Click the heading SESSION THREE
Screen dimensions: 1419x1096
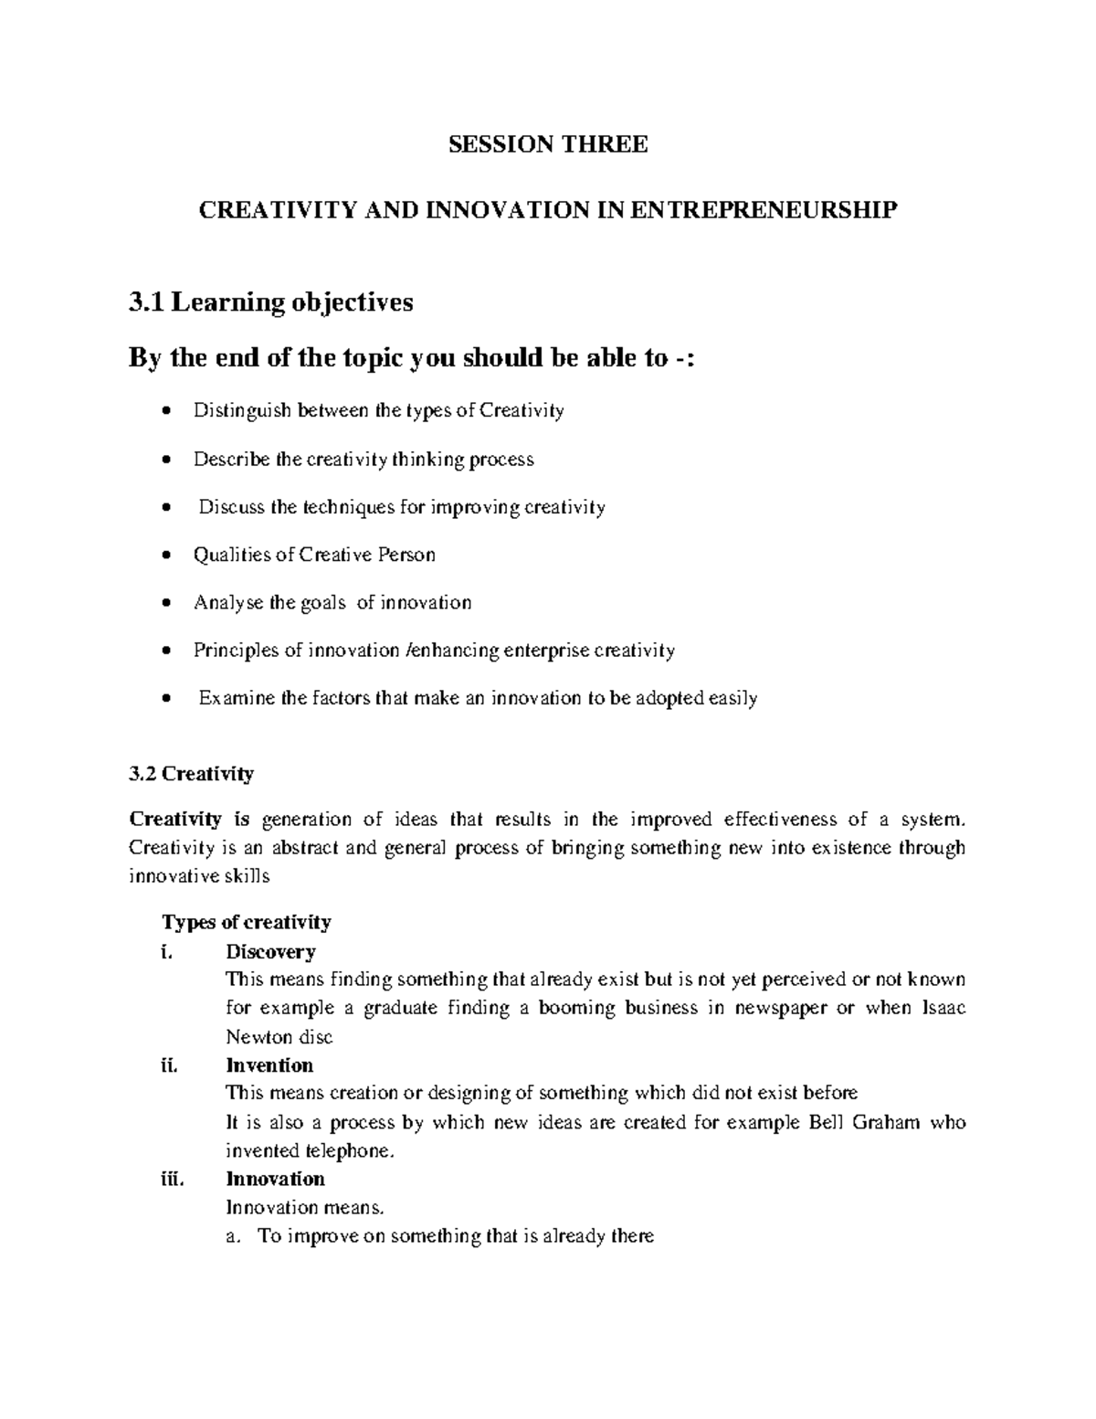coord(548,144)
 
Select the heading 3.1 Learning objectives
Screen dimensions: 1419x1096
coord(271,302)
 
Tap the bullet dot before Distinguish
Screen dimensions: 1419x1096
coord(165,412)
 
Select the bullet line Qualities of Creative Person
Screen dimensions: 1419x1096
coord(313,555)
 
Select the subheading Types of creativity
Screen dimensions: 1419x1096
coord(247,922)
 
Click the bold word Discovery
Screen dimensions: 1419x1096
coord(270,951)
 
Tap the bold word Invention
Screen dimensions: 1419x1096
coord(269,1065)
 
